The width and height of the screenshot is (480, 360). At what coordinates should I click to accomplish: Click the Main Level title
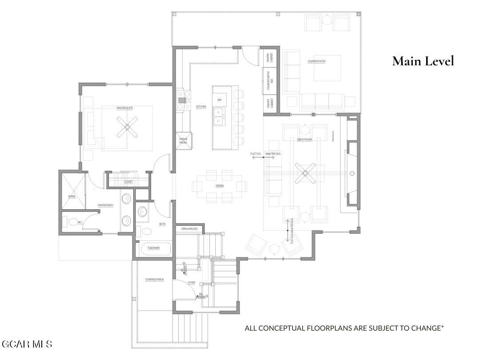click(423, 61)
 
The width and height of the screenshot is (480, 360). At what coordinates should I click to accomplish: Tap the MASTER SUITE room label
click(125, 108)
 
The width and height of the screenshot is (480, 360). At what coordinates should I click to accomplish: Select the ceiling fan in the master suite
click(127, 127)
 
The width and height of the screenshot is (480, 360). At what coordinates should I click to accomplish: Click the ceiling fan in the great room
click(306, 173)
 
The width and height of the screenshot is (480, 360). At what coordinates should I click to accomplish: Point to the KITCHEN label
click(201, 107)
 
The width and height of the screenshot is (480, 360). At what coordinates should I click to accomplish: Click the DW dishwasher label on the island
click(219, 100)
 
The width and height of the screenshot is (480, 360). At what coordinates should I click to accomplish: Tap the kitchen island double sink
click(219, 116)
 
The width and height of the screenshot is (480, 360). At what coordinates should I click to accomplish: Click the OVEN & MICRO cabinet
click(183, 141)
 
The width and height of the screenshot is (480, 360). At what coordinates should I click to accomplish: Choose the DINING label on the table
click(220, 186)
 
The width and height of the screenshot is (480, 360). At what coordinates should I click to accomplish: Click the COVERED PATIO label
click(316, 61)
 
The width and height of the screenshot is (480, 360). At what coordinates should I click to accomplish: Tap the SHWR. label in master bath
click(71, 196)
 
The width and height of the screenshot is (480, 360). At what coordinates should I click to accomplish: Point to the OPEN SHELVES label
click(189, 228)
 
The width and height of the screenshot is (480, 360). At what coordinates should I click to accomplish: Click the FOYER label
click(191, 283)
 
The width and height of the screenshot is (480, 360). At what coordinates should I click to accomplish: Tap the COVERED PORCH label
click(154, 280)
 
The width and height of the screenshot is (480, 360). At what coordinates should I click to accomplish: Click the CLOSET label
click(128, 182)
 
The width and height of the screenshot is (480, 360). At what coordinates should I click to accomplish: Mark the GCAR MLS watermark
click(27, 344)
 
